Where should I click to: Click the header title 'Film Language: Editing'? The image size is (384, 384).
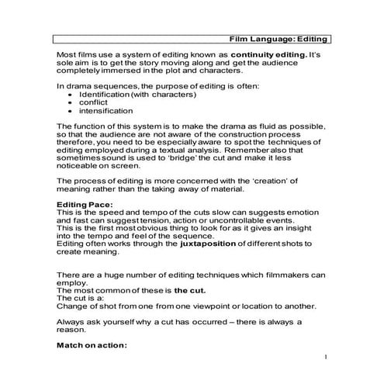[x=279, y=38]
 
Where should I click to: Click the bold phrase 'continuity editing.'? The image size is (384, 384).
[x=259, y=57]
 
